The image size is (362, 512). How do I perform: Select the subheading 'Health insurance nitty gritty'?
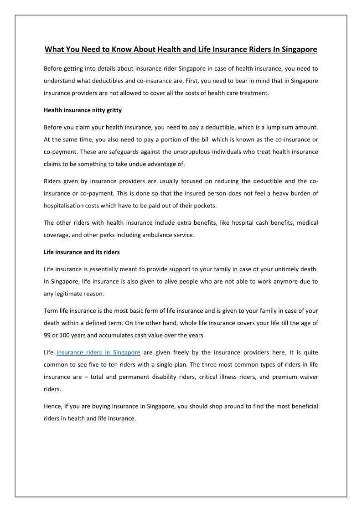(x=83, y=110)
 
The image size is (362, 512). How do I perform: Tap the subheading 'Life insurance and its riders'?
(x=82, y=251)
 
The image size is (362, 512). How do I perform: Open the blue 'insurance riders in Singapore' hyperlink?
(x=98, y=352)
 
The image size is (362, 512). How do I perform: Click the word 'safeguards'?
(x=119, y=151)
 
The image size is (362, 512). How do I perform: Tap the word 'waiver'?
(x=309, y=377)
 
